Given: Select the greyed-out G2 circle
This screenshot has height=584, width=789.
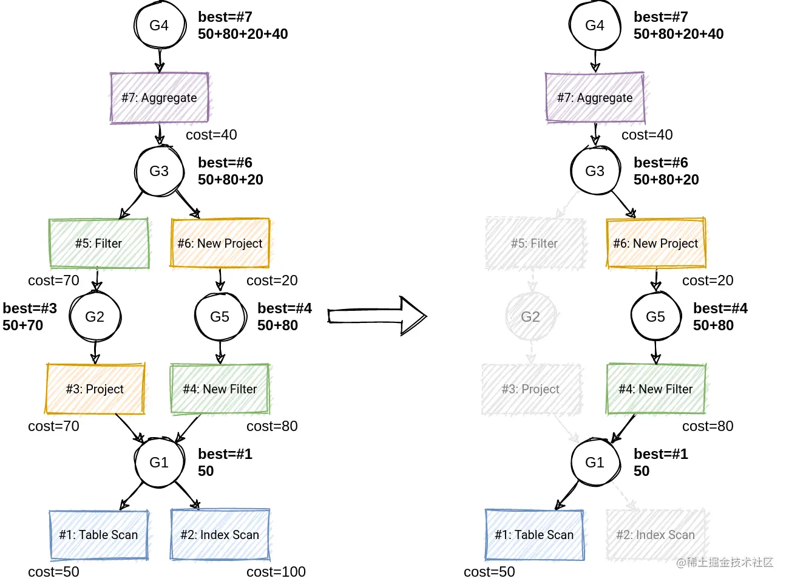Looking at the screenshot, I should click(x=530, y=316).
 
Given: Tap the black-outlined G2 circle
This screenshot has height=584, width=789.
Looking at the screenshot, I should click(x=95, y=316).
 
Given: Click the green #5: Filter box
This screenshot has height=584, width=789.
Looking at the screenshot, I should click(x=99, y=243).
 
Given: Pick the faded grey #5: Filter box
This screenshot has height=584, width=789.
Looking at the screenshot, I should click(x=535, y=243).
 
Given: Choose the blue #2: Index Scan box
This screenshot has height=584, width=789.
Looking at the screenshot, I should click(x=220, y=535).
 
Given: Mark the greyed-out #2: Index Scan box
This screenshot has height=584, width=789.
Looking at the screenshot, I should click(x=656, y=535).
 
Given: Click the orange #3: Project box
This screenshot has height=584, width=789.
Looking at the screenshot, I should click(x=95, y=389).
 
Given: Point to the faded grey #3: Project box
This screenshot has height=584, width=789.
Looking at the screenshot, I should click(x=531, y=389).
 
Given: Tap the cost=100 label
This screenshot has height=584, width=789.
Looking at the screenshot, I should click(x=276, y=572).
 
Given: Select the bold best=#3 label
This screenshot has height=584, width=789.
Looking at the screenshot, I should click(x=30, y=308).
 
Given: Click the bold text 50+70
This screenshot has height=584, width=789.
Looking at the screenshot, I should click(x=23, y=325).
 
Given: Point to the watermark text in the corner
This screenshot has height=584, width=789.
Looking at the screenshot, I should click(x=725, y=563).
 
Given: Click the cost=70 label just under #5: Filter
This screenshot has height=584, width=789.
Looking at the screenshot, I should click(x=53, y=280).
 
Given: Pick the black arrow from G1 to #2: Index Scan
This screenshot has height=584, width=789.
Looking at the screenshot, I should click(x=186, y=495).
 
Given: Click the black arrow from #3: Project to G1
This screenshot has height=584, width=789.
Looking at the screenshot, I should click(x=129, y=427).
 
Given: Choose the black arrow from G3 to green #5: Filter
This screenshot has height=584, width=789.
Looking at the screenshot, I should click(x=132, y=205).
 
